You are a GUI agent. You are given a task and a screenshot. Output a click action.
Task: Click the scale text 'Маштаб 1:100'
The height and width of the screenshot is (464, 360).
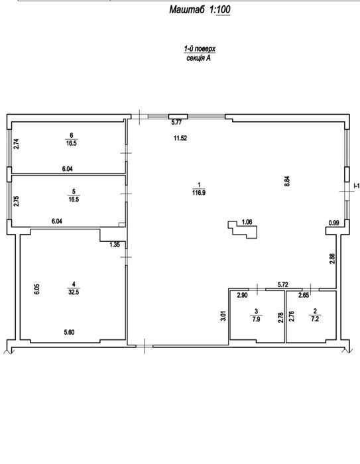pos(200,10)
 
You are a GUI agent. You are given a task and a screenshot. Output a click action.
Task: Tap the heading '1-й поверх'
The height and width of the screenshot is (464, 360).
pos(200,48)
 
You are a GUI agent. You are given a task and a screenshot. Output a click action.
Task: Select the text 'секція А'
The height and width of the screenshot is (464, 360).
pos(199,58)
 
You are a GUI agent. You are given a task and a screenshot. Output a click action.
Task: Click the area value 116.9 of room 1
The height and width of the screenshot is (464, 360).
pos(199,193)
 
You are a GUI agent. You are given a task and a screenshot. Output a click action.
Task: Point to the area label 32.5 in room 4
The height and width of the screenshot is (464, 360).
pos(74,292)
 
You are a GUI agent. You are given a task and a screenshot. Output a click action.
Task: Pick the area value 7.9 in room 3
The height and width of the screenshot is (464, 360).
pos(256,319)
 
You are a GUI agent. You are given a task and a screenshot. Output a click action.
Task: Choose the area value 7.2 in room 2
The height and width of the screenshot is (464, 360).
pos(315,319)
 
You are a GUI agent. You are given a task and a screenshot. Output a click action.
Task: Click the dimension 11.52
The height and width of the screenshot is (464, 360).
pos(180,138)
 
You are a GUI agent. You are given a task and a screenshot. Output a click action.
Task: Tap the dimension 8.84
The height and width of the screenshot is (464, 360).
pos(287,181)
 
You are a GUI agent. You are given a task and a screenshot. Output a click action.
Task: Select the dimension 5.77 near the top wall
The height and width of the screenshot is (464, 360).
pos(177,123)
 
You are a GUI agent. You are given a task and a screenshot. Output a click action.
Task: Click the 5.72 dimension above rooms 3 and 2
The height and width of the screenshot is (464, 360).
pos(282,285)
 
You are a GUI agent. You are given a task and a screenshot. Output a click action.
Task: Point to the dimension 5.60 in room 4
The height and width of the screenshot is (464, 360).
pos(69,332)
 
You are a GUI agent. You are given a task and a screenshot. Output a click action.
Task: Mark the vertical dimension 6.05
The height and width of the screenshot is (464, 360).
pos(36,289)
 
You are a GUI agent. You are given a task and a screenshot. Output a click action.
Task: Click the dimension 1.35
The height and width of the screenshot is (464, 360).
pos(115,245)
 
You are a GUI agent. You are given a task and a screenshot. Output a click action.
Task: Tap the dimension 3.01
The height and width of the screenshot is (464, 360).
pos(223,316)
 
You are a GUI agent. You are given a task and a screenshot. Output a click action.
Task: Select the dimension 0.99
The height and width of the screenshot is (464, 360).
pos(333,223)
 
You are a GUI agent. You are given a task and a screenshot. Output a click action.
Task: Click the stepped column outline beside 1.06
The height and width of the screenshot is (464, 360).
pos(243,229)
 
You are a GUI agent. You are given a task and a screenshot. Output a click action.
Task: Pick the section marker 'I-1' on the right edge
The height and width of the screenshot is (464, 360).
pos(357,186)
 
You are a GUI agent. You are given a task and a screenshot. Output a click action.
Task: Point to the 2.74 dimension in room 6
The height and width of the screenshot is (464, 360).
pos(17,144)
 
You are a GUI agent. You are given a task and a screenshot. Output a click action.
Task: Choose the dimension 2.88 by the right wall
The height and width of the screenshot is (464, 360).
pos(332,258)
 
